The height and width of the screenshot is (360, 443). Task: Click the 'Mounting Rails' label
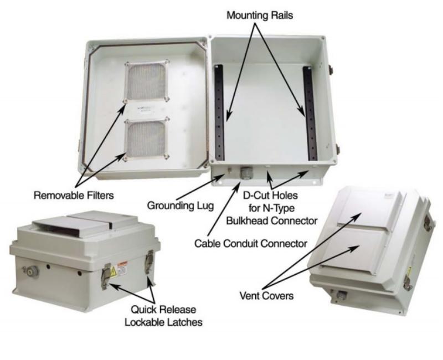260,16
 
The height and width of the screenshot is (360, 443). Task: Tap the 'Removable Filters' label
74,196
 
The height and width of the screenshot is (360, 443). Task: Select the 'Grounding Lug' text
181,205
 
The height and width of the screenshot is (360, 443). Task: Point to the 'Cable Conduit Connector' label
251,243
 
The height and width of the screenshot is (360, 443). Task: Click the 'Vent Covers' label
266,296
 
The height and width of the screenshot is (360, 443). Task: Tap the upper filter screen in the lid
146,81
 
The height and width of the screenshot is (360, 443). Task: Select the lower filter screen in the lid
146,140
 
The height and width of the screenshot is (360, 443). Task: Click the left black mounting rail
219,112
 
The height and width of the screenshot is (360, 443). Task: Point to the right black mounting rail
310,113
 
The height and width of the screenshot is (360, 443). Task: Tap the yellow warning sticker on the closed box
114,271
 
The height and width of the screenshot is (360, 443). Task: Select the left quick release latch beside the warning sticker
106,276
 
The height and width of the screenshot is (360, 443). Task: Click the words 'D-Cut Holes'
270,196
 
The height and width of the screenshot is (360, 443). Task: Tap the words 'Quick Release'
163,310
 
